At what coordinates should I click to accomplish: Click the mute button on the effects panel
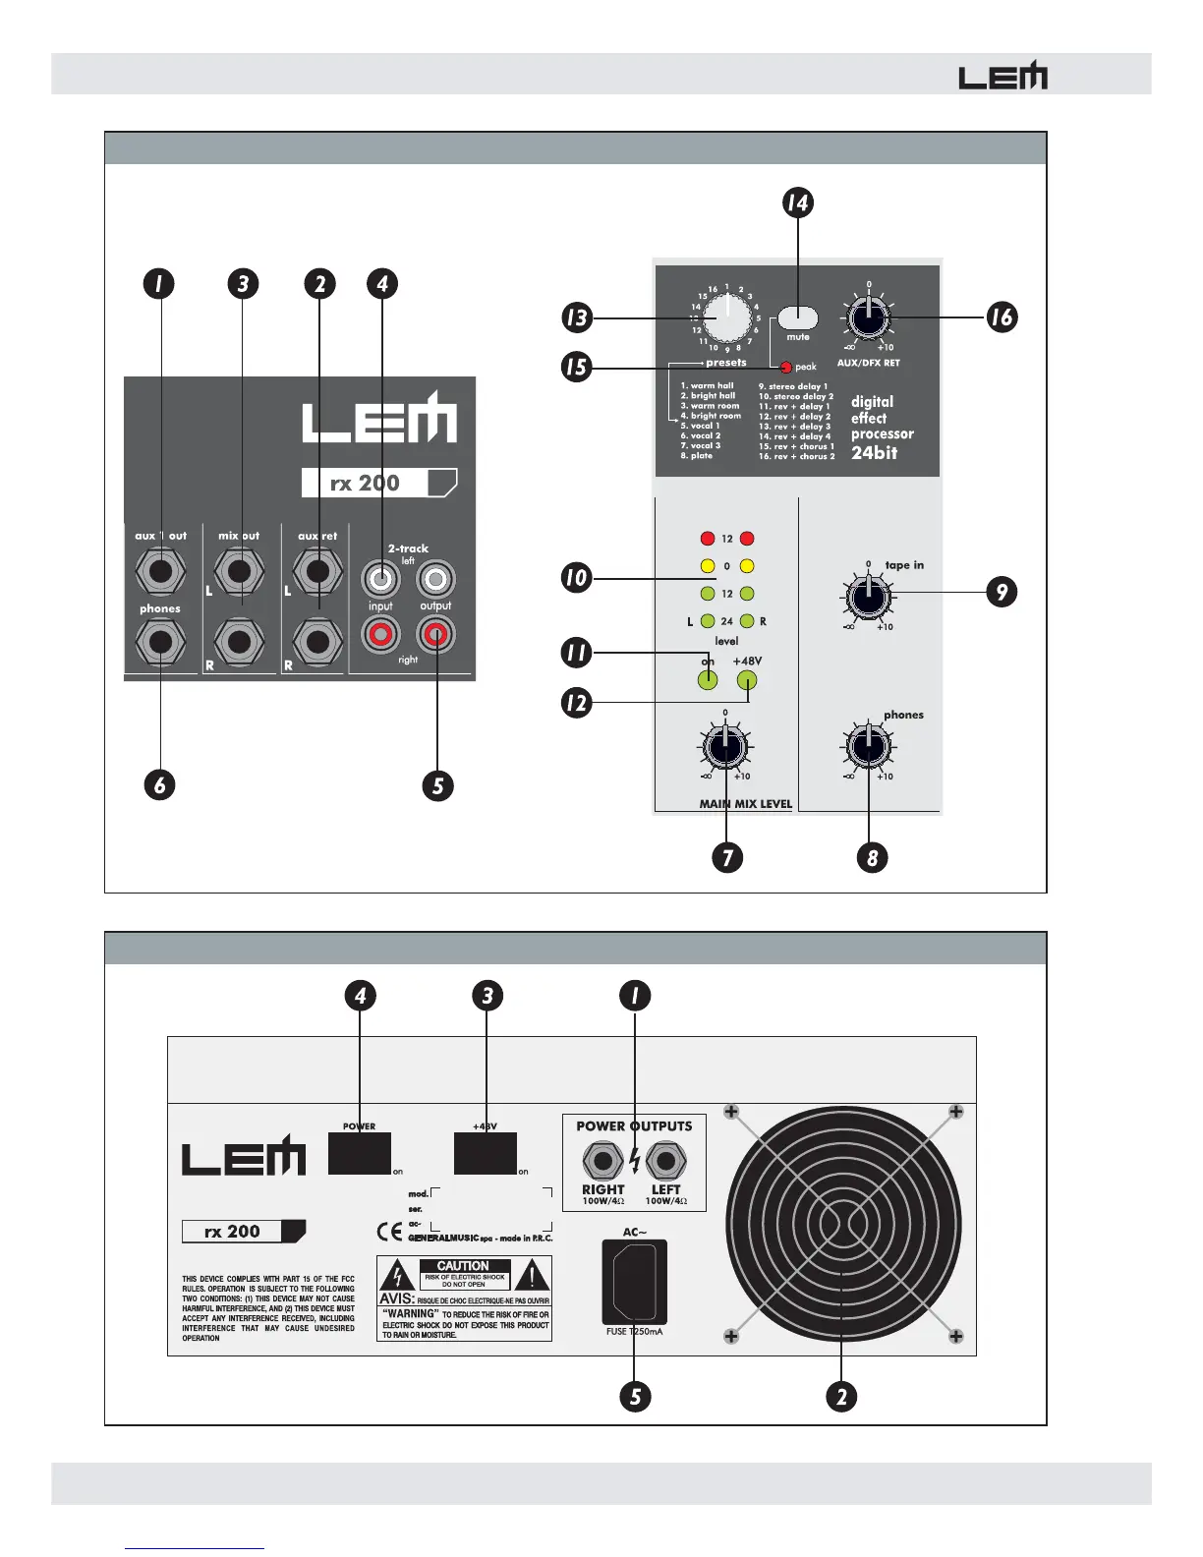point(798,318)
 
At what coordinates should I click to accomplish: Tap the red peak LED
point(785,368)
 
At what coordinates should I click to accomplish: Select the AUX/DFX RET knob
point(868,317)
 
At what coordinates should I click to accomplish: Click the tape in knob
point(868,595)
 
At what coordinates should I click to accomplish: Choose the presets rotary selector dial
point(726,317)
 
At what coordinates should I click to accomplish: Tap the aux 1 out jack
point(160,570)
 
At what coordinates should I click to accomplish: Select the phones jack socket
point(160,643)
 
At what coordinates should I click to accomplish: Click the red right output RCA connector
point(436,636)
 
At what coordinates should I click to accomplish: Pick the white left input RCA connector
point(380,579)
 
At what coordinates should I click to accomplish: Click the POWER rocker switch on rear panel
point(359,1153)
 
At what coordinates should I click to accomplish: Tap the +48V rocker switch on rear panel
point(486,1153)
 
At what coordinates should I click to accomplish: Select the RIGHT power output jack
point(602,1161)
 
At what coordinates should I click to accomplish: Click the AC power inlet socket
point(634,1282)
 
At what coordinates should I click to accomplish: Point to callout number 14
point(797,203)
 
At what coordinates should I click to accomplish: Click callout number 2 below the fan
point(841,1397)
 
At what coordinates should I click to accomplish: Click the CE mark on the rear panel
point(389,1231)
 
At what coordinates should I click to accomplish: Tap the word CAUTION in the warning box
point(463,1266)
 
